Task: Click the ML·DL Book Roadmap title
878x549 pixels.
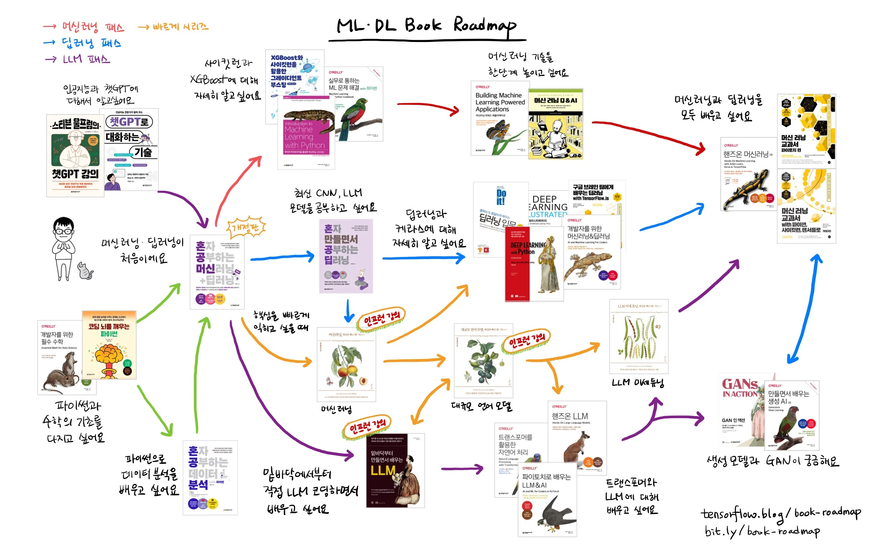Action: tap(427, 26)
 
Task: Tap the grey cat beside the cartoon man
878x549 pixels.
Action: tap(85, 272)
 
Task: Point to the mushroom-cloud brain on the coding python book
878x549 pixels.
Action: tap(109, 359)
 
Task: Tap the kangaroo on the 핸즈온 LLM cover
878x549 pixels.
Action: tap(578, 447)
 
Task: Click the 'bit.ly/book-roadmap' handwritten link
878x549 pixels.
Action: tap(762, 531)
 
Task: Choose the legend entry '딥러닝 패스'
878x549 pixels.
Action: tap(91, 43)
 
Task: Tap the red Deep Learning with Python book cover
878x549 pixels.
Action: tap(517, 263)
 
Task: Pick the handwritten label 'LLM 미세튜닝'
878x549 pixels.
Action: tap(638, 383)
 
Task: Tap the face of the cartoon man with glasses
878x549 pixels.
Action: tap(64, 230)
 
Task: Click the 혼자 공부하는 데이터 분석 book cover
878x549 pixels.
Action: tap(210, 477)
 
